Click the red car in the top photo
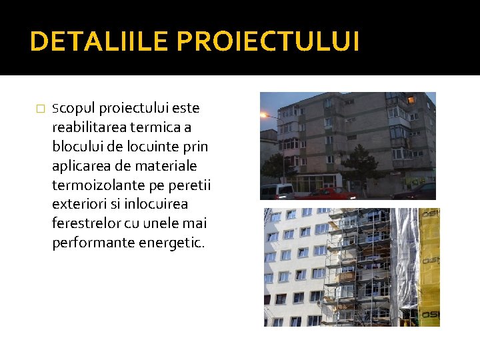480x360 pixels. pos(326,193)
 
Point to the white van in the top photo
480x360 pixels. pos(276,191)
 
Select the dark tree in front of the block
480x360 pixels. pos(364,167)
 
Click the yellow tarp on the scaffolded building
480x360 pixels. pos(429,267)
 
